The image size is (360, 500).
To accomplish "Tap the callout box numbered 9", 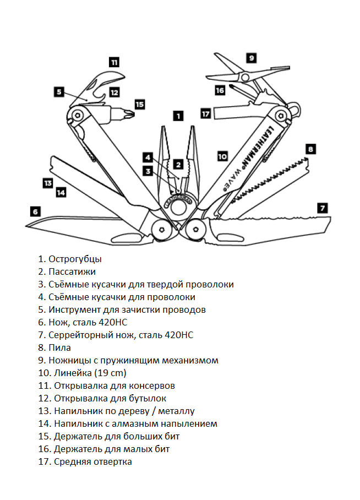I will tap(251, 57).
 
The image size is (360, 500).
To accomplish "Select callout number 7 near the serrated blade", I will tap(323, 208).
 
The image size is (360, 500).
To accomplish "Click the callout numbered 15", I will tap(140, 104).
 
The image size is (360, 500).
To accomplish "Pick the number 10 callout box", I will tap(222, 156).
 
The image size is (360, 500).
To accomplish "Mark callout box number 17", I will tap(206, 113).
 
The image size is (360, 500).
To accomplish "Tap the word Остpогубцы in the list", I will tap(75, 259).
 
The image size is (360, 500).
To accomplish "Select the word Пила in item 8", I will tap(62, 347).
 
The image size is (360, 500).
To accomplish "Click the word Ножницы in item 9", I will tap(69, 360).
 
